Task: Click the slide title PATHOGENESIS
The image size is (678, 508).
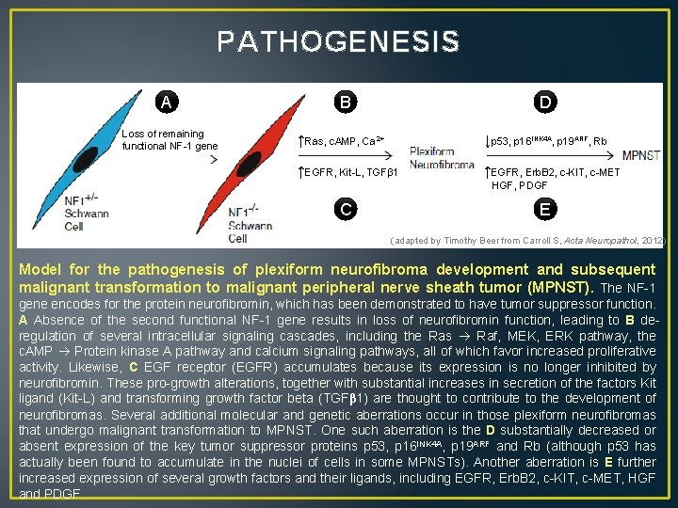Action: pos(338,42)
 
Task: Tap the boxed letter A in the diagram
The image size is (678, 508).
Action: pos(167,102)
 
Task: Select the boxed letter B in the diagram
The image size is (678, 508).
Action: pos(347,102)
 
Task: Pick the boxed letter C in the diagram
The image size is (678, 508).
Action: pos(347,209)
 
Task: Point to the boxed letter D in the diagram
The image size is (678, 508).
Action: pos(543,102)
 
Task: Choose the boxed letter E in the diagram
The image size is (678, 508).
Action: pos(543,209)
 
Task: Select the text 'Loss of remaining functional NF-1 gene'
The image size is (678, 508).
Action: pos(169,140)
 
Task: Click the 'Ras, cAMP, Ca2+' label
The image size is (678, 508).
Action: pos(345,141)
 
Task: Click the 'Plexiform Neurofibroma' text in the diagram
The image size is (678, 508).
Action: pos(443,157)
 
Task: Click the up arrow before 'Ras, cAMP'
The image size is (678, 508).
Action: pos(299,141)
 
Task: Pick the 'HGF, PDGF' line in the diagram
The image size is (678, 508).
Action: pos(519,185)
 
